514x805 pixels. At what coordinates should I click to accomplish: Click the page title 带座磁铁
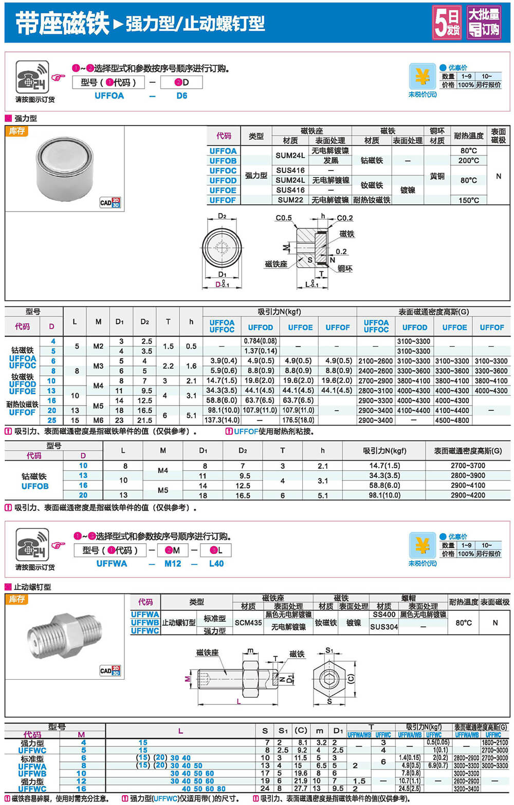tap(62, 24)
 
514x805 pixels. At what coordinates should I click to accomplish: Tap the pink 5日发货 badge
tap(447, 23)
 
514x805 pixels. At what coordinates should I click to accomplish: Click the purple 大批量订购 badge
tap(484, 23)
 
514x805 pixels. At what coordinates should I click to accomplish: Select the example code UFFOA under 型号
tap(109, 95)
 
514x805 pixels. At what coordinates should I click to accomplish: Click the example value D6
tap(182, 95)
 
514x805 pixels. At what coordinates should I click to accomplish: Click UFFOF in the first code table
tap(223, 200)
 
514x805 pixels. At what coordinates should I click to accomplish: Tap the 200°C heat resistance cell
tap(468, 161)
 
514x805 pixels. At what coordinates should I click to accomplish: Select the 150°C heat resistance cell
tap(468, 200)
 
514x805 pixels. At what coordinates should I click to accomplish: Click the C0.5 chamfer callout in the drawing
tap(283, 218)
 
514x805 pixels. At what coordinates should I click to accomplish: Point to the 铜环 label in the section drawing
tap(345, 269)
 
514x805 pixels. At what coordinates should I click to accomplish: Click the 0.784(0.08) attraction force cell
tap(260, 341)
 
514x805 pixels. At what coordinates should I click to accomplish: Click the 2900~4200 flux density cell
tap(468, 495)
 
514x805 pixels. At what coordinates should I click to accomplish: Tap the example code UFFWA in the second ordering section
tap(112, 564)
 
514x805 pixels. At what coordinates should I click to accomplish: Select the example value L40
tap(216, 564)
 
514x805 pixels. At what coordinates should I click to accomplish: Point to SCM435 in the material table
tap(248, 623)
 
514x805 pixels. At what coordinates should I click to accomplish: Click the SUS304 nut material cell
tap(384, 627)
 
